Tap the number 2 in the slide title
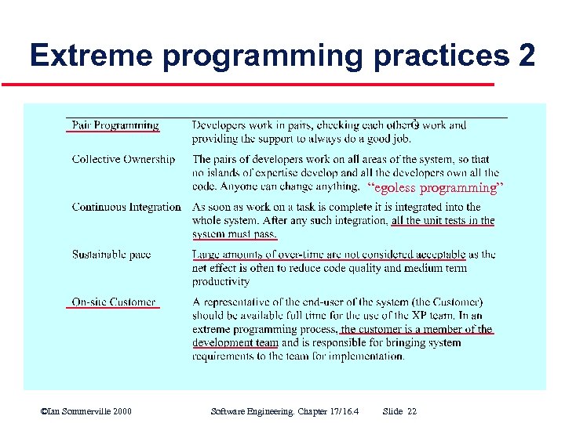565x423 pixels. [527, 56]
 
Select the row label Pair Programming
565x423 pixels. [115, 125]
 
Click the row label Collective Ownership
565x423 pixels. [123, 159]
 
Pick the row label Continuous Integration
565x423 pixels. [126, 207]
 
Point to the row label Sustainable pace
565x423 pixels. [111, 255]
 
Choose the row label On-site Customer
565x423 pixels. [114, 302]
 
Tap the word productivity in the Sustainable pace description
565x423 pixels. [221, 282]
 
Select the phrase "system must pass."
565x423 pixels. [235, 234]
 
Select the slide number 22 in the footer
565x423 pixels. [412, 411]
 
